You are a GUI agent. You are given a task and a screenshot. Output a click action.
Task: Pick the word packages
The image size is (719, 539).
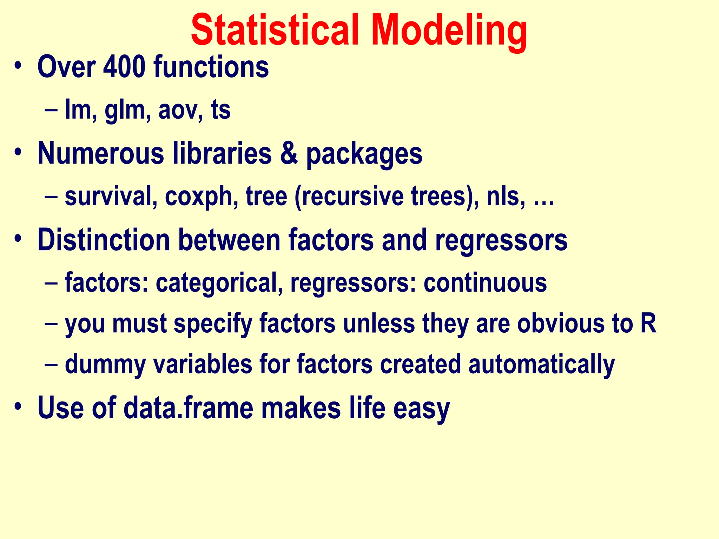point(364,154)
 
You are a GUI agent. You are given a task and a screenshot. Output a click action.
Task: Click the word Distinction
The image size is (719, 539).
point(104,240)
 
